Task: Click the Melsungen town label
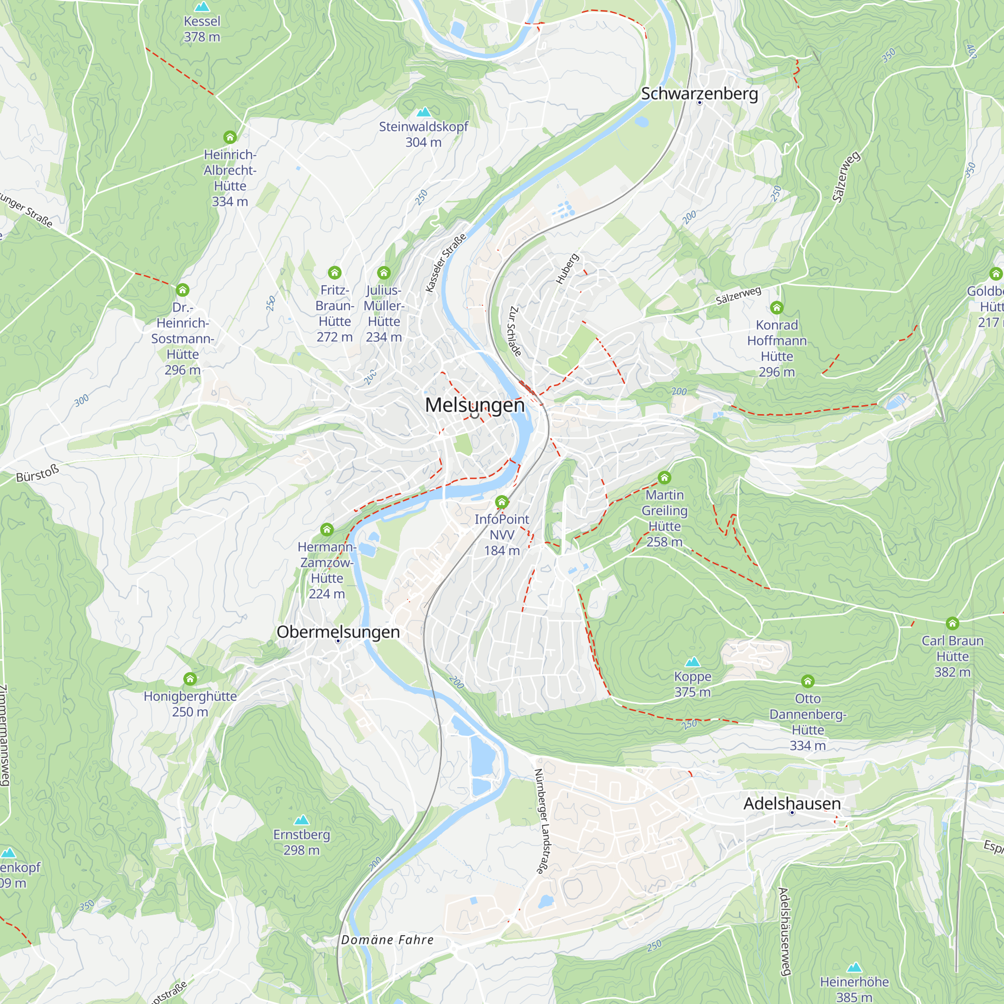(x=474, y=405)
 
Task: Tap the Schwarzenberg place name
(x=699, y=93)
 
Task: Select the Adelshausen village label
(x=792, y=803)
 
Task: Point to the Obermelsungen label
(x=338, y=632)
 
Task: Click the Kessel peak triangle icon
(x=202, y=7)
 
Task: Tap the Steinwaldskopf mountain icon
(x=424, y=112)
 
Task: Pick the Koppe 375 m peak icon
(x=692, y=662)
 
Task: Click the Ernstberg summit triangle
(x=301, y=820)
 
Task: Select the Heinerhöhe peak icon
(x=854, y=968)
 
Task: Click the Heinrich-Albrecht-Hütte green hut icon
(x=230, y=137)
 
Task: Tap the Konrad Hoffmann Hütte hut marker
(x=777, y=308)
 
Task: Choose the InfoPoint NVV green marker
(x=501, y=502)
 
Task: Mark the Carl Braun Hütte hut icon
(x=952, y=623)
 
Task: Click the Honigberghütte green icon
(x=190, y=679)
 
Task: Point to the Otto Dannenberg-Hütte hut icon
(x=807, y=681)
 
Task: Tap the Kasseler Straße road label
(x=445, y=263)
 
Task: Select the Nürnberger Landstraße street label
(x=541, y=821)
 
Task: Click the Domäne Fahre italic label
(x=387, y=940)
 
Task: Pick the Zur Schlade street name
(x=514, y=331)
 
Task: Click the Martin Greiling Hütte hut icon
(x=664, y=477)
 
